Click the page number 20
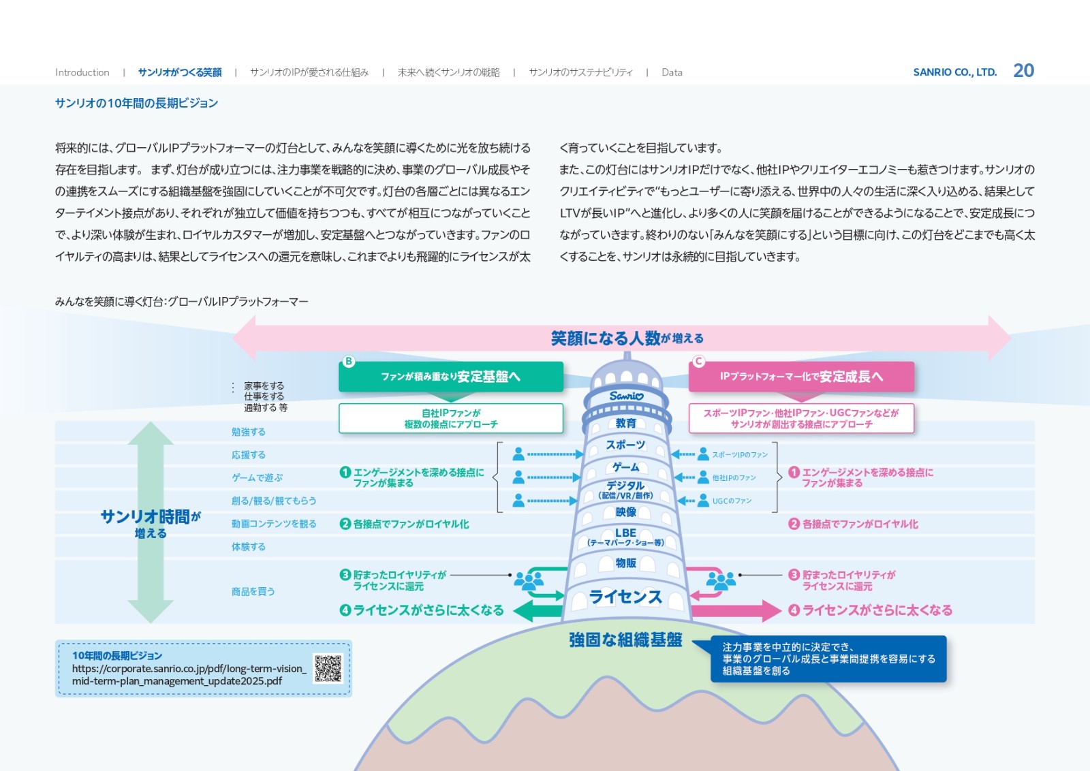(1023, 71)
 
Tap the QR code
(328, 668)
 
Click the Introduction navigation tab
(82, 72)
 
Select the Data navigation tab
(672, 72)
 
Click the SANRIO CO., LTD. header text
(954, 72)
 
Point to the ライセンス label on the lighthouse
(625, 597)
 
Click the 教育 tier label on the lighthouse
(625, 423)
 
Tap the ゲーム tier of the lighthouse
(625, 467)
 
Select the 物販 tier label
(625, 563)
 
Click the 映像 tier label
(625, 512)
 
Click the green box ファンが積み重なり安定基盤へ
(450, 377)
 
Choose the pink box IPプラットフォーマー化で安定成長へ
(801, 377)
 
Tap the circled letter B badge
(349, 362)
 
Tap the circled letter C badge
(698, 362)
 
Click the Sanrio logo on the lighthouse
(626, 396)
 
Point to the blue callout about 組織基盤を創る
(828, 659)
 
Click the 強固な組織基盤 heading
(625, 640)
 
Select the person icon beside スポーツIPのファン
(703, 454)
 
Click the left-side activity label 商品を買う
(253, 592)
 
